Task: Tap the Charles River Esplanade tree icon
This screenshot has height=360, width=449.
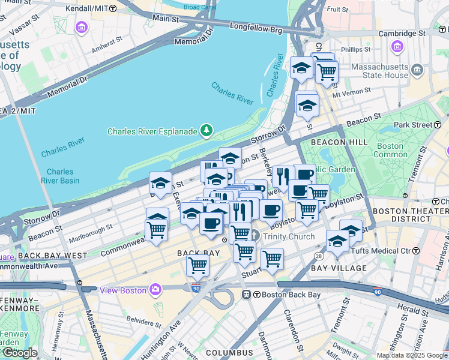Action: tap(206, 130)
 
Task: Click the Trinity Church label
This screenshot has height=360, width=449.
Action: tap(288, 236)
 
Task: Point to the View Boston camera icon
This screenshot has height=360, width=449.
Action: tap(155, 290)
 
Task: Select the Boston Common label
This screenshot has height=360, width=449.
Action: tap(390, 150)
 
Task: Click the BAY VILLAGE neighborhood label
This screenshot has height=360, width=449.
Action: tap(339, 268)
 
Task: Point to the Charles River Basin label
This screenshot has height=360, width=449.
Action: tap(60, 175)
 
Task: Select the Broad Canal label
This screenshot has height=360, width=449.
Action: tap(199, 7)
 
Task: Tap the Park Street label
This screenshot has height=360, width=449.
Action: tap(414, 125)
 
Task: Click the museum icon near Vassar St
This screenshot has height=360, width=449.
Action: tap(81, 27)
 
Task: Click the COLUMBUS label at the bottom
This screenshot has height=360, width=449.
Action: tap(229, 353)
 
